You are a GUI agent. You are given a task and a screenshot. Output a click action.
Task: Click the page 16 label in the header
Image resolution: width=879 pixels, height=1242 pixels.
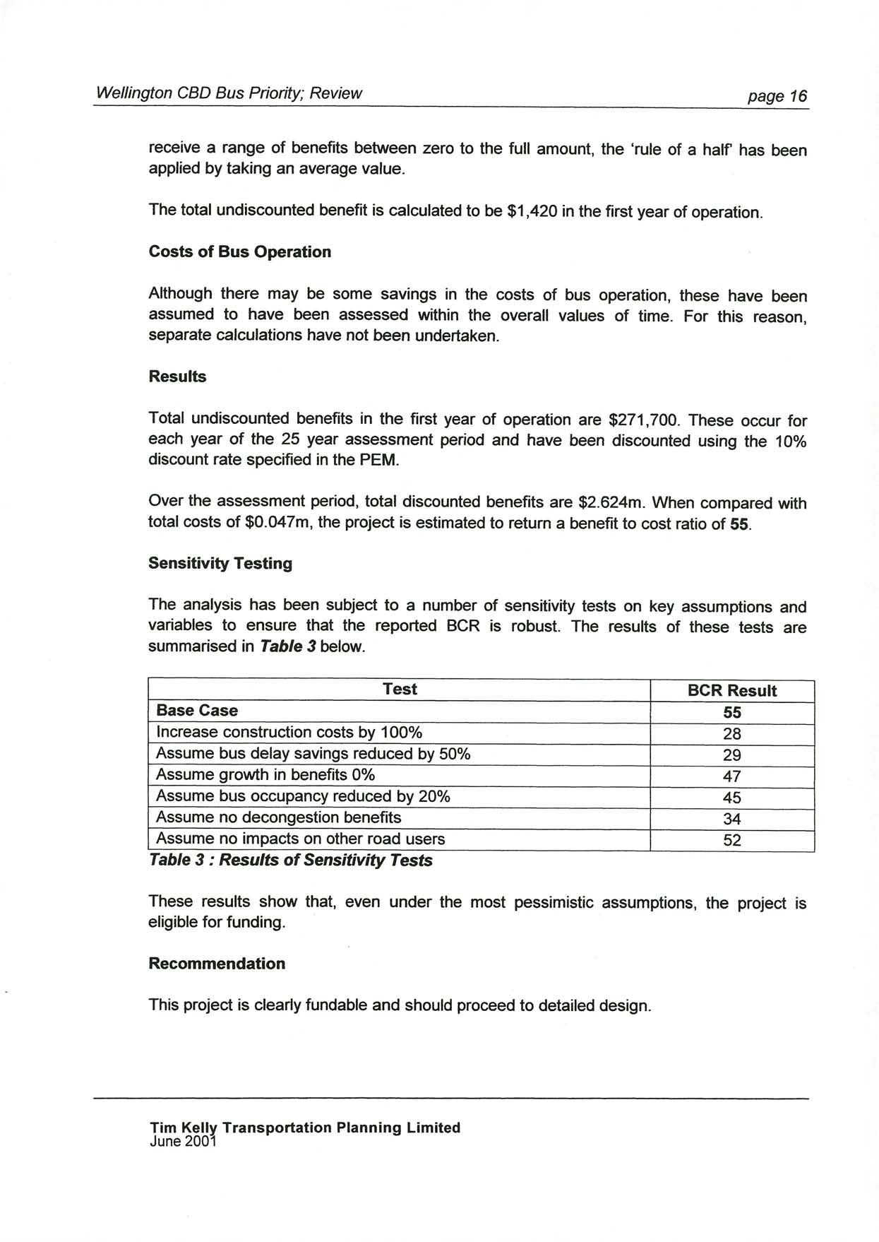click(x=777, y=96)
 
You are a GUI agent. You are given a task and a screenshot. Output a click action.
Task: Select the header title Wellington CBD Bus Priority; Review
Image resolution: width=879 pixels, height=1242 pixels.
click(x=229, y=93)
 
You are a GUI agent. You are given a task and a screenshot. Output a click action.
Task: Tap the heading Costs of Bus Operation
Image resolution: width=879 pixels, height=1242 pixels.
click(x=239, y=252)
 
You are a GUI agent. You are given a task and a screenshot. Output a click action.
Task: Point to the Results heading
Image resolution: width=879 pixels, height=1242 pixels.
click(x=177, y=377)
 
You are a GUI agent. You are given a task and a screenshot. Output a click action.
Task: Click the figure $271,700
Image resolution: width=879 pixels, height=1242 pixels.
click(x=644, y=420)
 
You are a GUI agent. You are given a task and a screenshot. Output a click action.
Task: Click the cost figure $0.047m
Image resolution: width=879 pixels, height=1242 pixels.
click(x=278, y=523)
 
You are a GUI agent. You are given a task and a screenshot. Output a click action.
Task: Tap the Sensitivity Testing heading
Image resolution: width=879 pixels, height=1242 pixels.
click(x=220, y=563)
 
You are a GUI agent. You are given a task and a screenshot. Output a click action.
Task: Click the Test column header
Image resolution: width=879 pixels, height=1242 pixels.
click(x=400, y=690)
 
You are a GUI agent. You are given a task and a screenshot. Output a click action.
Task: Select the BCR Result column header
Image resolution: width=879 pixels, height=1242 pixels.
click(x=731, y=691)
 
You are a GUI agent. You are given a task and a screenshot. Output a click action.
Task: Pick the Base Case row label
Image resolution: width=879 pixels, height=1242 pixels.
click(x=197, y=711)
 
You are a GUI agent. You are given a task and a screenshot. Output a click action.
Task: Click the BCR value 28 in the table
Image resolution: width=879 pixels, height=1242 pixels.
click(x=732, y=734)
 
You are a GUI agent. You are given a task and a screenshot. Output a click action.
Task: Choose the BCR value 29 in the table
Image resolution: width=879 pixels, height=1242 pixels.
click(x=732, y=755)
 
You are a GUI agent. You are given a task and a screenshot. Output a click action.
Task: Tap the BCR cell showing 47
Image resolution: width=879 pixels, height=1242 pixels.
click(x=732, y=776)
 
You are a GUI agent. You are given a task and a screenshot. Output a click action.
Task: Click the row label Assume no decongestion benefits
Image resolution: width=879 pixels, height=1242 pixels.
click(x=278, y=817)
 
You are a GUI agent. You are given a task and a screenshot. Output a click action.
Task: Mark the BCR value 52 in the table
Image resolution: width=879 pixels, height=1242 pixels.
click(x=732, y=840)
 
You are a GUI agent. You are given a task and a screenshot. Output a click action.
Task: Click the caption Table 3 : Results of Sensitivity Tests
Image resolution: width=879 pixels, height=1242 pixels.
click(x=290, y=860)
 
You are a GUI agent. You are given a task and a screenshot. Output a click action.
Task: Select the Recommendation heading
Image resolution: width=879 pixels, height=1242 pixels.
click(x=217, y=964)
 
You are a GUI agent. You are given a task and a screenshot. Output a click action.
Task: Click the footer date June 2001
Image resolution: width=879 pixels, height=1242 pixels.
click(x=181, y=1141)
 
